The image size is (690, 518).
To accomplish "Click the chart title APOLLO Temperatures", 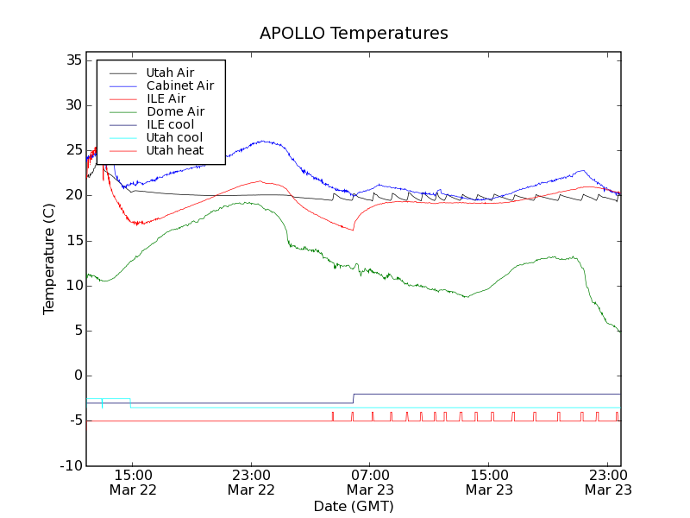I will (x=354, y=34).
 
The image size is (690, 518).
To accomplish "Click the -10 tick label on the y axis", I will (x=69, y=466).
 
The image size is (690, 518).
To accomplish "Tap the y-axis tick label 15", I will (x=72, y=241).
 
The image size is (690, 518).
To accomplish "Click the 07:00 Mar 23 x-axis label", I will (x=370, y=482).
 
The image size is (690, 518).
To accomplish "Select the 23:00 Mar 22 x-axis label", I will (x=251, y=482).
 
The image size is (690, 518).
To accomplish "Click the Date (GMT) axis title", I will (x=354, y=506).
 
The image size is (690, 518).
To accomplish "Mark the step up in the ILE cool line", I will (x=354, y=398).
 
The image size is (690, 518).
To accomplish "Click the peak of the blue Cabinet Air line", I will (x=261, y=142).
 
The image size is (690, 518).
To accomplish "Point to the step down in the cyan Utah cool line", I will (x=130, y=403).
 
